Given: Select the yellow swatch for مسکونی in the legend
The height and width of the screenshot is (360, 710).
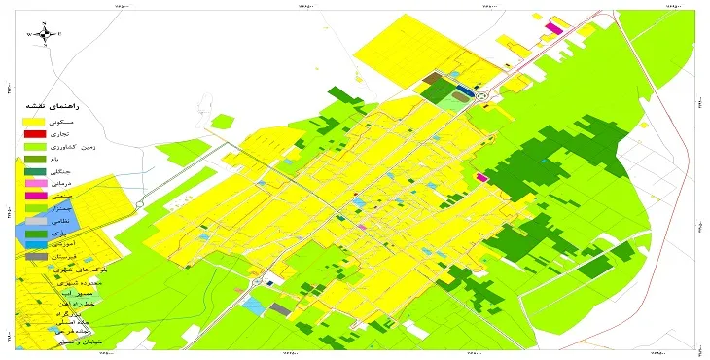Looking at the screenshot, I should [x=34, y=120].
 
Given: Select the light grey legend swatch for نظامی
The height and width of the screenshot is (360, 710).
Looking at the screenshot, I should [x=34, y=221].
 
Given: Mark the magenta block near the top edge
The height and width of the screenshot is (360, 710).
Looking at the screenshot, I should [x=553, y=28].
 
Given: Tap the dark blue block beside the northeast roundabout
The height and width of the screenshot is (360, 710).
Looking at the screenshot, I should [x=466, y=91].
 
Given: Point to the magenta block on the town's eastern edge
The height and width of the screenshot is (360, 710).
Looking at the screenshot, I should [x=483, y=178].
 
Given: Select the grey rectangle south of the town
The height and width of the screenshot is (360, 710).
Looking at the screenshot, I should [x=280, y=309].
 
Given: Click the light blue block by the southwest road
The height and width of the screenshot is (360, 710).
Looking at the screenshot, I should [x=253, y=305].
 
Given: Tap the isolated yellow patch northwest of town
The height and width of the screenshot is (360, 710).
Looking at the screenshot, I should [x=223, y=122].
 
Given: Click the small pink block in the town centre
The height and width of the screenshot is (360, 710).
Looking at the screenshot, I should [x=363, y=227].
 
